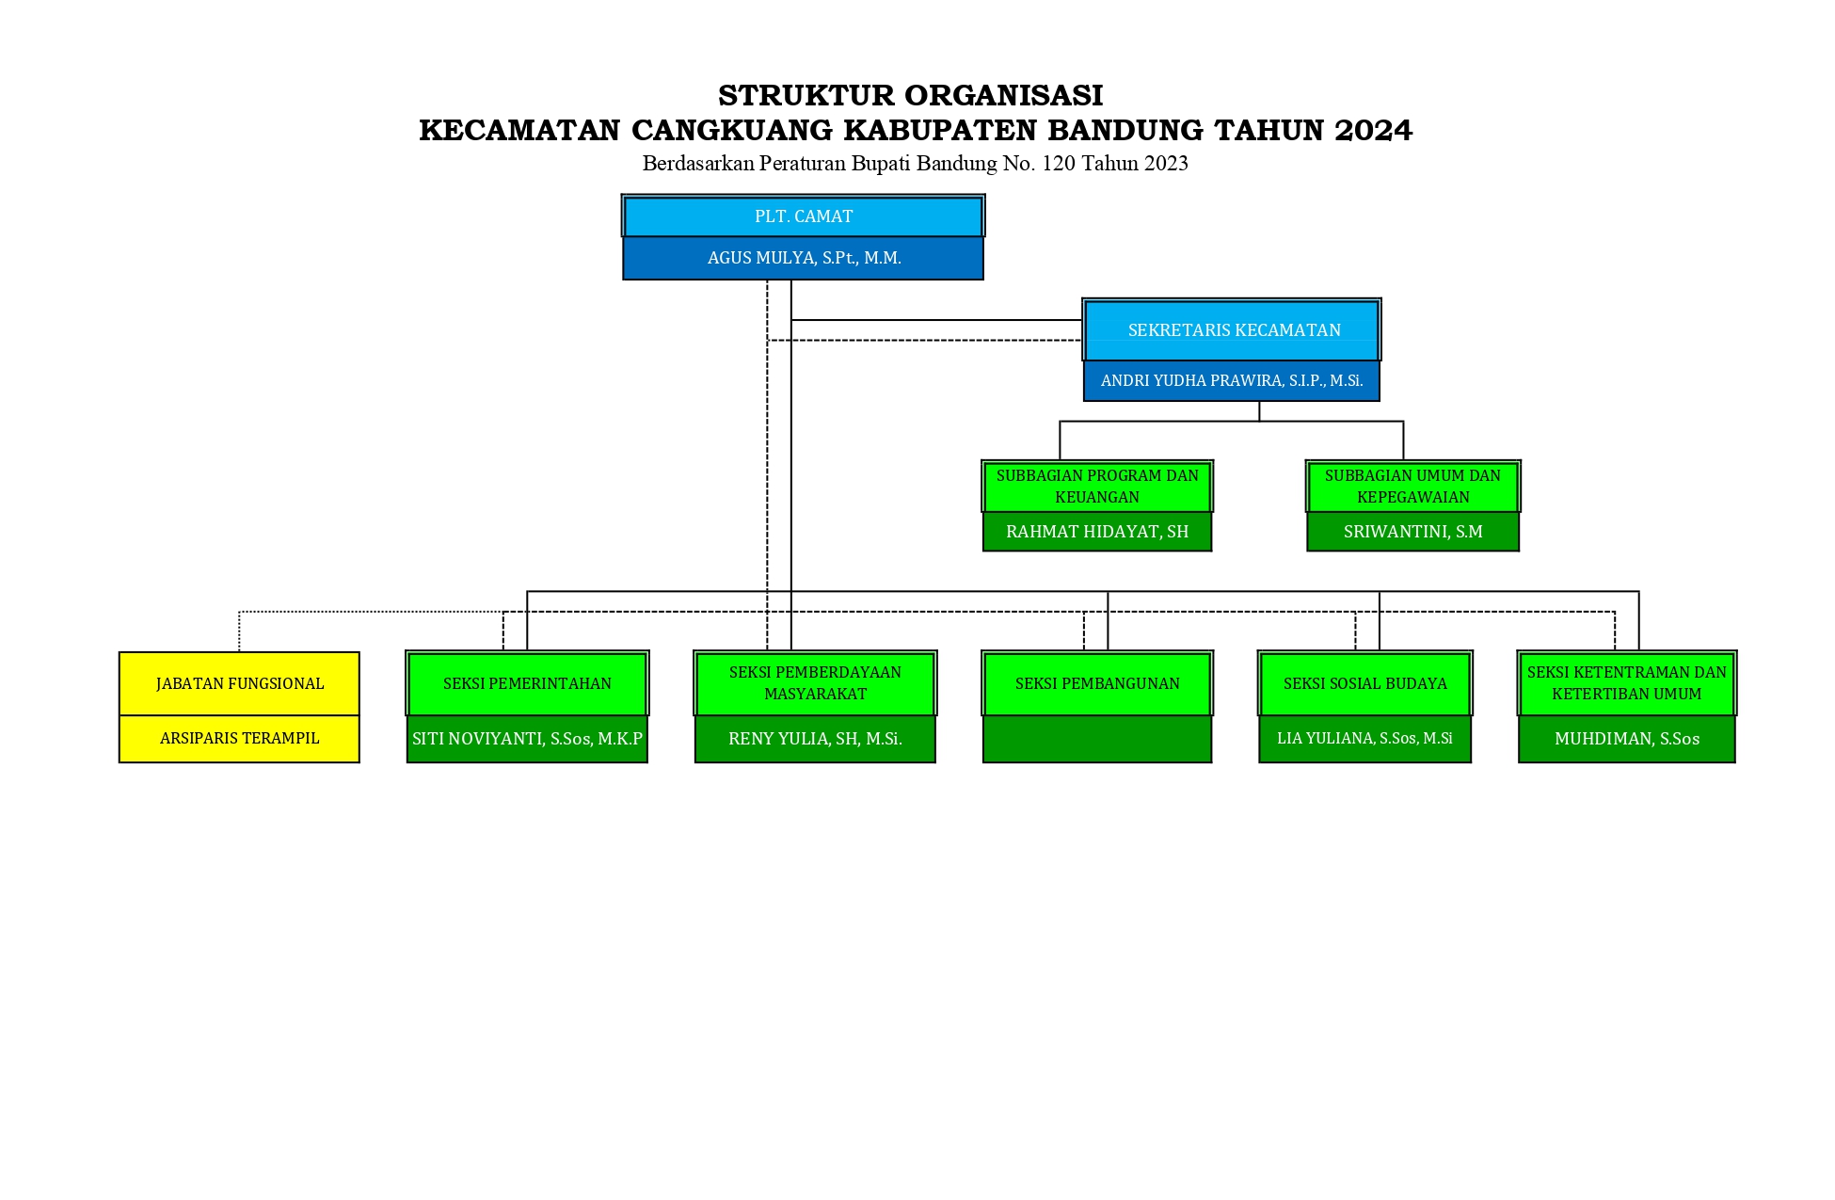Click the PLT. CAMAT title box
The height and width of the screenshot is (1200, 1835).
pos(803,216)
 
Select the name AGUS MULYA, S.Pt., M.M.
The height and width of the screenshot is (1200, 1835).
pos(805,258)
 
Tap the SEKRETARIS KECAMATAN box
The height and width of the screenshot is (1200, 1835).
pos(1232,329)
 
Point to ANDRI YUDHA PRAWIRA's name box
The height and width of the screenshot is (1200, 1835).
pos(1232,381)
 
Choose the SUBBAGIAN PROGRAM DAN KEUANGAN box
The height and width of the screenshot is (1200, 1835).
pos(1097,486)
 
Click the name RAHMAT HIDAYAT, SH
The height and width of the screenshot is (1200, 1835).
pos(1097,532)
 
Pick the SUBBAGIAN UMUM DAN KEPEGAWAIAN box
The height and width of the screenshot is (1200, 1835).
pos(1412,486)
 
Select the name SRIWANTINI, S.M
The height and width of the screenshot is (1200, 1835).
pos(1412,532)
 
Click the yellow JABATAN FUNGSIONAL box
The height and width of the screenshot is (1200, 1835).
pos(239,683)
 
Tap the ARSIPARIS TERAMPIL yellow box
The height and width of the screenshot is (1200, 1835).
pos(239,739)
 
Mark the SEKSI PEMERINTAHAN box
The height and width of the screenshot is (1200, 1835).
pos(527,683)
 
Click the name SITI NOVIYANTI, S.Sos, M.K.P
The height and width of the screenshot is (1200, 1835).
pos(527,739)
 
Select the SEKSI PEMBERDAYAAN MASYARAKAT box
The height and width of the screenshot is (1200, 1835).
pos(815,683)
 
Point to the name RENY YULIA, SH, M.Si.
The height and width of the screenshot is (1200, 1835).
pos(815,739)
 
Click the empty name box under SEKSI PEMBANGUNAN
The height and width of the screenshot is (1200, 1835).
pos(1097,739)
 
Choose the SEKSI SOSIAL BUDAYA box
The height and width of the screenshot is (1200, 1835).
pos(1365,683)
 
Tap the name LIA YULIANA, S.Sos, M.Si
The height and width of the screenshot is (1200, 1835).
pos(1364,739)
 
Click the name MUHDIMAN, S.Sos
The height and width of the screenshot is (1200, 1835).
pos(1627,739)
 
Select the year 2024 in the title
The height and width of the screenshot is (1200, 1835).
pos(1373,130)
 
